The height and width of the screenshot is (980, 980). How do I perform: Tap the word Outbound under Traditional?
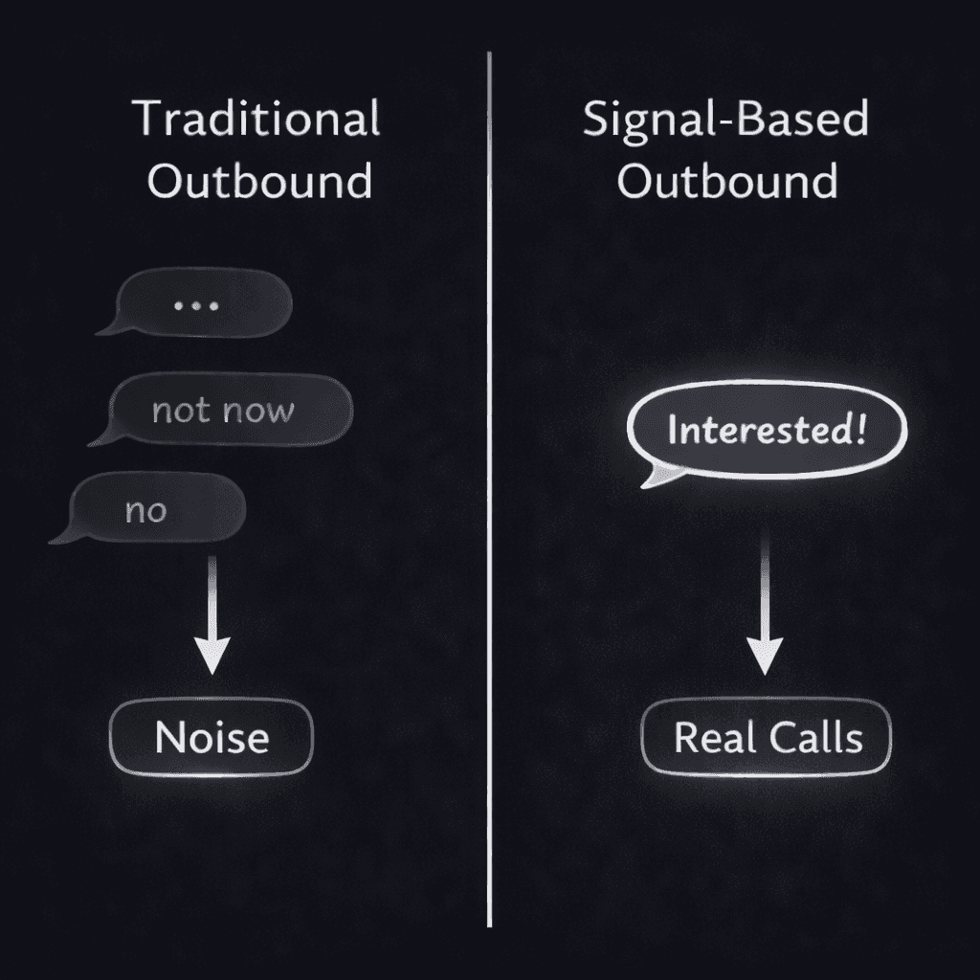tap(259, 181)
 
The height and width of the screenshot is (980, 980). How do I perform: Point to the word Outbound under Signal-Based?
tap(727, 181)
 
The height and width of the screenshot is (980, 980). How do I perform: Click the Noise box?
tap(212, 738)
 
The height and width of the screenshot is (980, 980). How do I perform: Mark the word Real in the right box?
tap(707, 738)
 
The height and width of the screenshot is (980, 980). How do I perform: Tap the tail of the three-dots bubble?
tap(106, 328)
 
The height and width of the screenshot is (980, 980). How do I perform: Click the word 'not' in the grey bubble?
tap(180, 411)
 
